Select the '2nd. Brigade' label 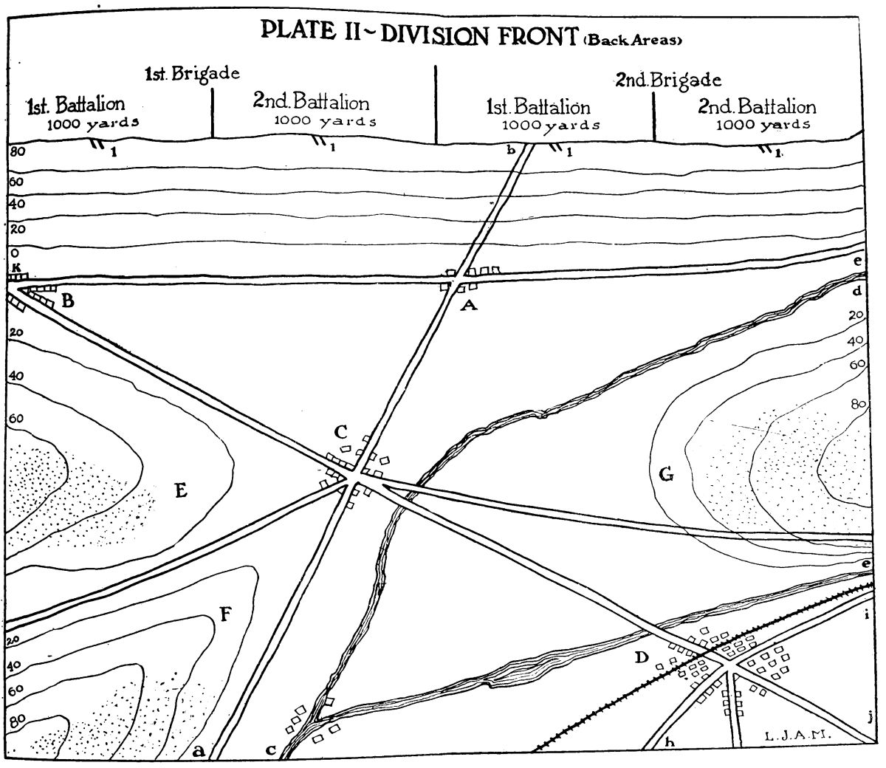[667, 79]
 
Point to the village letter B [68, 301]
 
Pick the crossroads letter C [340, 431]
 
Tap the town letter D [642, 656]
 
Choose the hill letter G [665, 474]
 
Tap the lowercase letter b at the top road [509, 151]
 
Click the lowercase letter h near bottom [670, 742]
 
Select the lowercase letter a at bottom [197, 752]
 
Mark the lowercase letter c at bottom [272, 751]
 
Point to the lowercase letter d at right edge [856, 291]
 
